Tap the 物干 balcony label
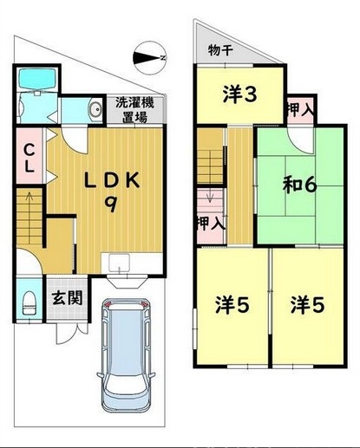(221, 49)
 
